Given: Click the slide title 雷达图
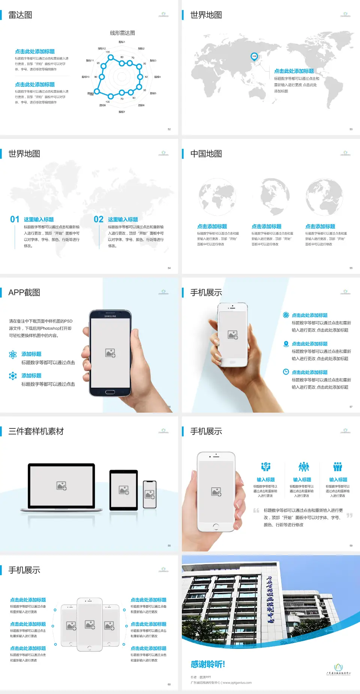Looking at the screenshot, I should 20,15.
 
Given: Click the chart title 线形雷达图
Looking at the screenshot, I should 122,33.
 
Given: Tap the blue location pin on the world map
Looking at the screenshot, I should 254,57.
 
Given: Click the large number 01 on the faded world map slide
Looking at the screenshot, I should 15,219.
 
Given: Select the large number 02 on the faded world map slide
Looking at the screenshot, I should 99,219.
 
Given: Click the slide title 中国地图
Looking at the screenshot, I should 206,154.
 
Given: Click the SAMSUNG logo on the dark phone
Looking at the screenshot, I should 110,316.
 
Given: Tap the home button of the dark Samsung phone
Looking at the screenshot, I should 110,392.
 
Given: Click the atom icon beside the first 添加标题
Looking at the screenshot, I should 13,355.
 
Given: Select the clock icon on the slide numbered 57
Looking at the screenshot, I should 286,372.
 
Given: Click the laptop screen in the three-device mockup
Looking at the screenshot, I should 61,486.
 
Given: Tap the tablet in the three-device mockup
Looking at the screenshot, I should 123,490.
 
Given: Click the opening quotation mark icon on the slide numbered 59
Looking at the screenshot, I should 256,511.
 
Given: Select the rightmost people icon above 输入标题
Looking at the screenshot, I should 338,467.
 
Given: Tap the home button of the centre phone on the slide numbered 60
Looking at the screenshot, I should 89,647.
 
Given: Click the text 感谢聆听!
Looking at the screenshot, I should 208,664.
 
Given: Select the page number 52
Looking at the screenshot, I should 169,129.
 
